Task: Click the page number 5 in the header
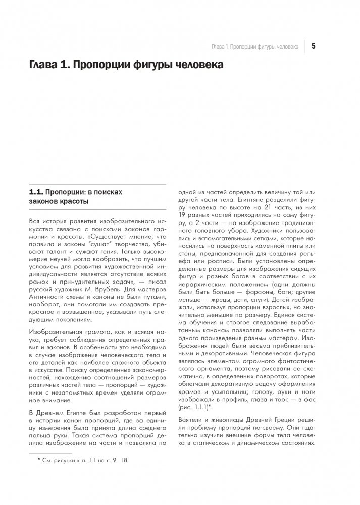pos(313,47)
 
